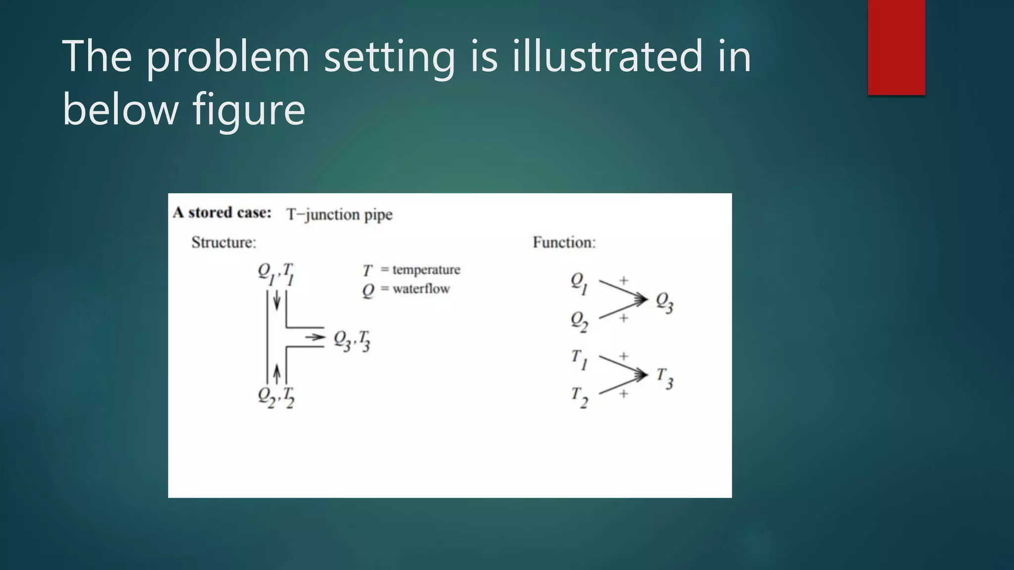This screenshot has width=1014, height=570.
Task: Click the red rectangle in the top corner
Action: click(896, 47)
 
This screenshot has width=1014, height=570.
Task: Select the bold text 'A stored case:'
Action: click(222, 213)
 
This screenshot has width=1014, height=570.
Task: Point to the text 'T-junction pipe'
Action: click(339, 215)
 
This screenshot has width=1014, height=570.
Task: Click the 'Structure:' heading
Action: click(224, 242)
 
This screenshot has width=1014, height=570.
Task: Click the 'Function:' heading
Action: click(564, 242)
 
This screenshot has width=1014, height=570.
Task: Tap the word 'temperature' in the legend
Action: click(426, 270)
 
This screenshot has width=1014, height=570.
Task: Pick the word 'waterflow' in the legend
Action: click(421, 289)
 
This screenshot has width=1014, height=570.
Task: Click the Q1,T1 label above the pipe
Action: click(276, 274)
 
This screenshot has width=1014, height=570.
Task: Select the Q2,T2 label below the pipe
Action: click(276, 397)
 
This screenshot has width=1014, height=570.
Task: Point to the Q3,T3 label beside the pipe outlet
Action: click(352, 340)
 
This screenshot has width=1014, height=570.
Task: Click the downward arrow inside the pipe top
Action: click(277, 299)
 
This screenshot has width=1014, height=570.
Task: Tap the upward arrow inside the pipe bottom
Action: click(277, 373)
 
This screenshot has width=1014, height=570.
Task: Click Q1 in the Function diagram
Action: click(579, 283)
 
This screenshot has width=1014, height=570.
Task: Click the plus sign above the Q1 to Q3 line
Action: click(624, 280)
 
